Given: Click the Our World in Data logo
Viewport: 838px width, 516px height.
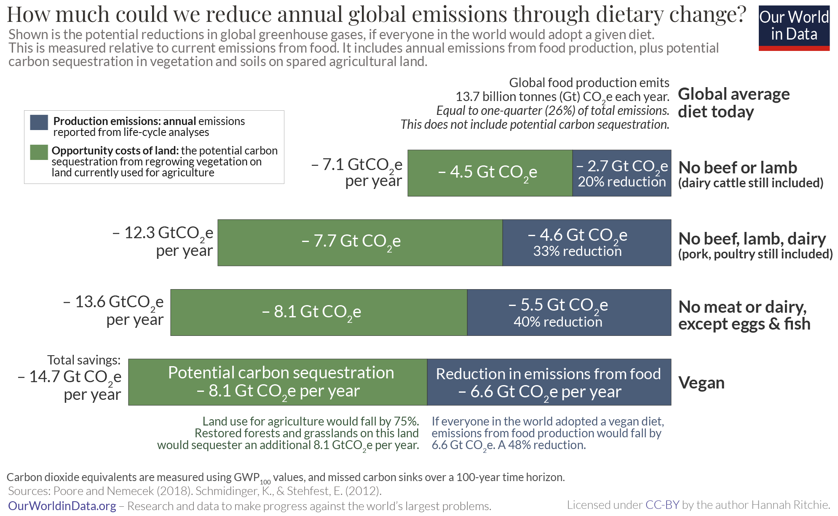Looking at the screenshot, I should point(794,28).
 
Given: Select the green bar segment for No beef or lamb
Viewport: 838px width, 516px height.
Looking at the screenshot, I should point(490,173).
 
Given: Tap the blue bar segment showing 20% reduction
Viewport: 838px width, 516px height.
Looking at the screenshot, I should point(621,173).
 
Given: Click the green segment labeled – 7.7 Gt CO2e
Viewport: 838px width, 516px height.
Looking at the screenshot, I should point(360,242).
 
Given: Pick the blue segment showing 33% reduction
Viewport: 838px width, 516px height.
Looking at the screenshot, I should point(586,242).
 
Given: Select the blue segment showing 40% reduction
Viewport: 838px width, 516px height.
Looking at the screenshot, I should point(569,312).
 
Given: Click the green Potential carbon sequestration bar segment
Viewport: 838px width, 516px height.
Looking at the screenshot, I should point(278,382).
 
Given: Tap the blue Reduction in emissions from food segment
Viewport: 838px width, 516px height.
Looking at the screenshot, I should point(549,382).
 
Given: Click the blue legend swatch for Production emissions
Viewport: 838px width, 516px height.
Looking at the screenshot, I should point(39,122).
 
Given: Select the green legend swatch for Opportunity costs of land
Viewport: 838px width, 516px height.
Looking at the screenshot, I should point(39,152).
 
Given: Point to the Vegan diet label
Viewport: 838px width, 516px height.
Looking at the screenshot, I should point(701,383).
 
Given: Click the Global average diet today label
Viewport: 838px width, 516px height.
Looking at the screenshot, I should point(733,103).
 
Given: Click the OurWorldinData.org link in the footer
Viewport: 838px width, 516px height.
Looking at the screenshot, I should point(62,506).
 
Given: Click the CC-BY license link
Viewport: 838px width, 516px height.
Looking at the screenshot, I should point(662,505).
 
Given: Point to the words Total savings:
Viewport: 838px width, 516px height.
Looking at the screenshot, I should point(84,360).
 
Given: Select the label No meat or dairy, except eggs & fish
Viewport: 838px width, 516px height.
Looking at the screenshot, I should point(744,315).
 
